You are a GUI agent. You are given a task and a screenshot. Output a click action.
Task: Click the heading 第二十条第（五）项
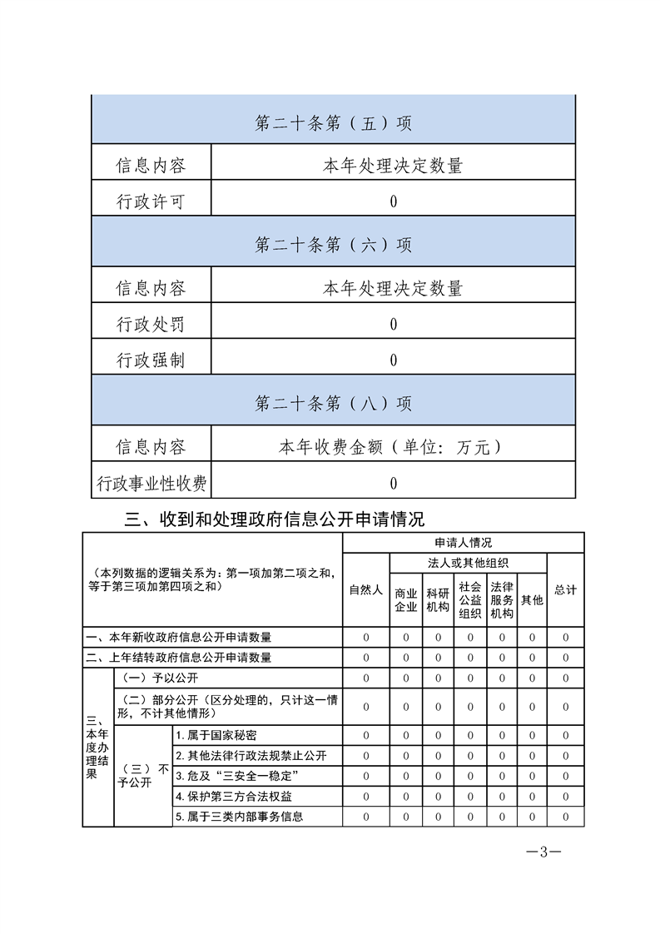[333, 124]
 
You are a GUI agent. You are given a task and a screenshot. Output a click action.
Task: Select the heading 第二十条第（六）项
[333, 246]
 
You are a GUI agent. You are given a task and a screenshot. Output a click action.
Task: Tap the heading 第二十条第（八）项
[333, 404]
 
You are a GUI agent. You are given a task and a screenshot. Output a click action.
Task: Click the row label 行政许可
[151, 201]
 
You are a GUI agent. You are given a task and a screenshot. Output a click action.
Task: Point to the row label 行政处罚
[151, 324]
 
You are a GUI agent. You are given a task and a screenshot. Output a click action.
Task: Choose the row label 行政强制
[151, 360]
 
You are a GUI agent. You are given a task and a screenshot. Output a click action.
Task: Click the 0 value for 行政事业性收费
[393, 483]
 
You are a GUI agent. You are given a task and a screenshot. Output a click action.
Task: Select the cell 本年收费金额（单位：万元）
[393, 447]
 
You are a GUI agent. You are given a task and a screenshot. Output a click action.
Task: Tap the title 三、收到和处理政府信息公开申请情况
[275, 519]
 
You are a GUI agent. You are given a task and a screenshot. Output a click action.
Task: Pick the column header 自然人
[366, 589]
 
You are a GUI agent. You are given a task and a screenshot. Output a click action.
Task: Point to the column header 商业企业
[405, 599]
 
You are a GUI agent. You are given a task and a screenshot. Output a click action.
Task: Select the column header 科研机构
[438, 599]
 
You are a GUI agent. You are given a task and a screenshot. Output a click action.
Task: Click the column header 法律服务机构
[502, 599]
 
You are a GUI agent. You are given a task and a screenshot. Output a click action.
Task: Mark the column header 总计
[565, 589]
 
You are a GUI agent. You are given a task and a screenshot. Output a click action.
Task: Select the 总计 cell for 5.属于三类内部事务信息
[565, 817]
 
